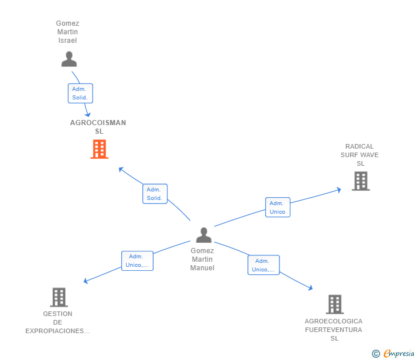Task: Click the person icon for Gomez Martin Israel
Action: coord(69,59)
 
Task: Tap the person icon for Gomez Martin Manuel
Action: coord(204,235)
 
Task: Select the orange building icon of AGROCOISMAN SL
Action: coord(99,149)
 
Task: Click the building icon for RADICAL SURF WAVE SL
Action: coord(361,181)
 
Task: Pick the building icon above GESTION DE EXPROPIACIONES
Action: coord(59,297)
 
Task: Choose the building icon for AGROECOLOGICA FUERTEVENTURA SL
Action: coord(335,305)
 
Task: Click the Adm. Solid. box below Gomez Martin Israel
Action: coord(81,93)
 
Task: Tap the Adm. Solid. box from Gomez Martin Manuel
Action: coord(155,194)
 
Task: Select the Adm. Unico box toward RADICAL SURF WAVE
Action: coord(278,207)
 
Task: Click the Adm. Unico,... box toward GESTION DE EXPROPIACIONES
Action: coord(137,261)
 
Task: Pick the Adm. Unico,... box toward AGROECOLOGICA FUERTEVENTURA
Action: coord(264,265)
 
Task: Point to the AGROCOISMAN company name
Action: coord(98,123)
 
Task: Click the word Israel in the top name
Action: coord(67,41)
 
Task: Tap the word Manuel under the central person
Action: coord(202,268)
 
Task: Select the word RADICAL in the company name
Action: coord(359,146)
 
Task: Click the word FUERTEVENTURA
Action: coord(334,330)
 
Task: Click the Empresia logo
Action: coord(393,354)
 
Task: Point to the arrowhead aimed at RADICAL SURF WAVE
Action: coord(339,190)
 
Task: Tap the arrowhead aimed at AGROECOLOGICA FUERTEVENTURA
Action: coord(311,288)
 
